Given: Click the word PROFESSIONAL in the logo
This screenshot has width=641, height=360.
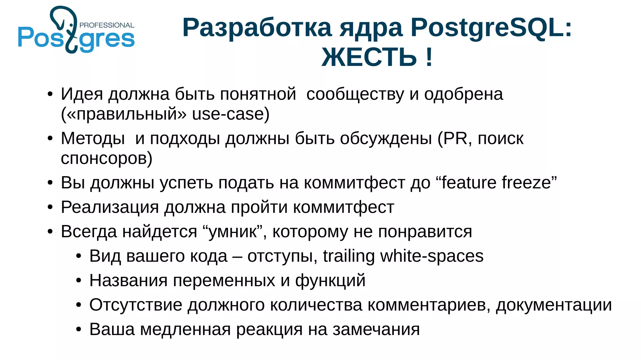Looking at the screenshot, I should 107,25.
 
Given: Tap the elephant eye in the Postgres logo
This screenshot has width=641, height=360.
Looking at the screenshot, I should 71,25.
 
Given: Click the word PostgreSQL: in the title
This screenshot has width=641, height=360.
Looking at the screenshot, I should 491,28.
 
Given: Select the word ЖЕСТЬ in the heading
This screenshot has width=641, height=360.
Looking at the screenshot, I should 369,57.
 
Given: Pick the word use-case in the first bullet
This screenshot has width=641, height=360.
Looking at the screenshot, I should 231,114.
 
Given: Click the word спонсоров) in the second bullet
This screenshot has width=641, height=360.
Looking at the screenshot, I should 106,158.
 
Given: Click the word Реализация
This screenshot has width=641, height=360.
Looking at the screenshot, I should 110,207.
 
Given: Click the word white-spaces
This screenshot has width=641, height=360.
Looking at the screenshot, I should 432,256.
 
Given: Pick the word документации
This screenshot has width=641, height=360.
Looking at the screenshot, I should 554,305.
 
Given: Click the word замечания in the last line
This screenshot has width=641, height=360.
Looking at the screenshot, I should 376,330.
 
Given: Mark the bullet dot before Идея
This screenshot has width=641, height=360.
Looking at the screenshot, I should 50,94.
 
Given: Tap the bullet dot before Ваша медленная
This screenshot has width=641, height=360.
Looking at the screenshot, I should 79,330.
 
